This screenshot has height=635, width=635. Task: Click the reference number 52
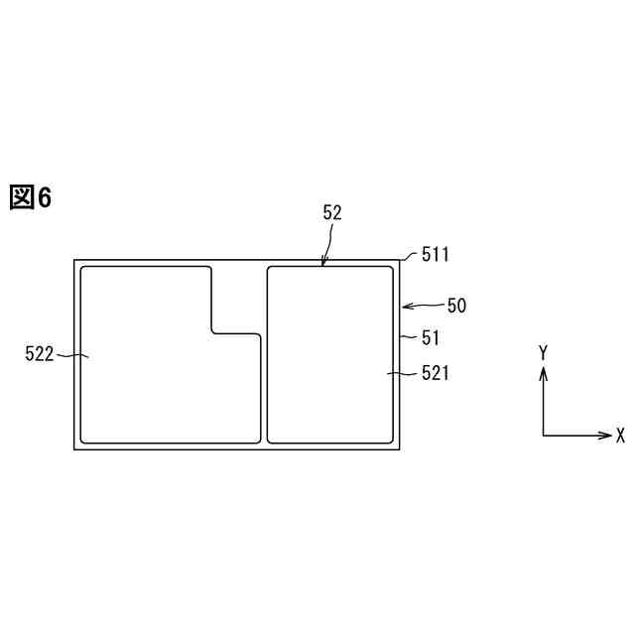coord(332,213)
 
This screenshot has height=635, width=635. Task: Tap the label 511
coord(436,255)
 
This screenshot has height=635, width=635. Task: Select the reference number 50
coord(456,306)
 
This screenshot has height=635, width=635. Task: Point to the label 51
coord(430,337)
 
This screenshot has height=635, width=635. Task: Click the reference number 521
coord(436,373)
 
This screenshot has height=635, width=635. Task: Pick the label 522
coord(40,354)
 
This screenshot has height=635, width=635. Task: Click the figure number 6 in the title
coord(45,197)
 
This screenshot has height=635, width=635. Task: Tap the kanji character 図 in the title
coord(22,197)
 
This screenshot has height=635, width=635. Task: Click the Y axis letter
coord(543,353)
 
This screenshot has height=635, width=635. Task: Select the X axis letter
coord(620,436)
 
